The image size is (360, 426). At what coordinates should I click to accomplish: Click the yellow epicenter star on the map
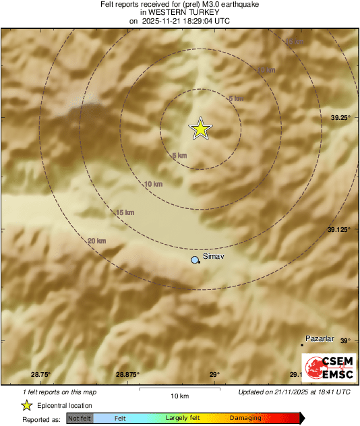point(200,128)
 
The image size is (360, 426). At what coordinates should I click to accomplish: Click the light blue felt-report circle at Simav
point(196,260)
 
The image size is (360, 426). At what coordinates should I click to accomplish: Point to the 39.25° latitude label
point(340,118)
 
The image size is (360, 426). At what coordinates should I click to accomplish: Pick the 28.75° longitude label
point(40,374)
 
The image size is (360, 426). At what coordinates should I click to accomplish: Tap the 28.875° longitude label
point(127,374)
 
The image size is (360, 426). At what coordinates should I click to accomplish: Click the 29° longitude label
point(214,374)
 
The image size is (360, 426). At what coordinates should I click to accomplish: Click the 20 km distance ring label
point(96,241)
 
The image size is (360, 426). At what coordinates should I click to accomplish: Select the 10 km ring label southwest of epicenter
point(154,184)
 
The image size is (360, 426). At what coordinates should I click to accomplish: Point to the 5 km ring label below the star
point(179,156)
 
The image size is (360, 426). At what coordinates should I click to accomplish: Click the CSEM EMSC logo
point(326,366)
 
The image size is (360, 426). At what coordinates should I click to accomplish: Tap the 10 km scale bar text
point(179,396)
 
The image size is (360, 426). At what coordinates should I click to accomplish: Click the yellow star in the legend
point(27,405)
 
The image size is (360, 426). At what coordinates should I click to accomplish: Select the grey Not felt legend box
point(80,419)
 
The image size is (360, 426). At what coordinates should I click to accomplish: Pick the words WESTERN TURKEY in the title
point(179,13)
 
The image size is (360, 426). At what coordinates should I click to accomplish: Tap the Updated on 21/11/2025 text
point(294,392)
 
